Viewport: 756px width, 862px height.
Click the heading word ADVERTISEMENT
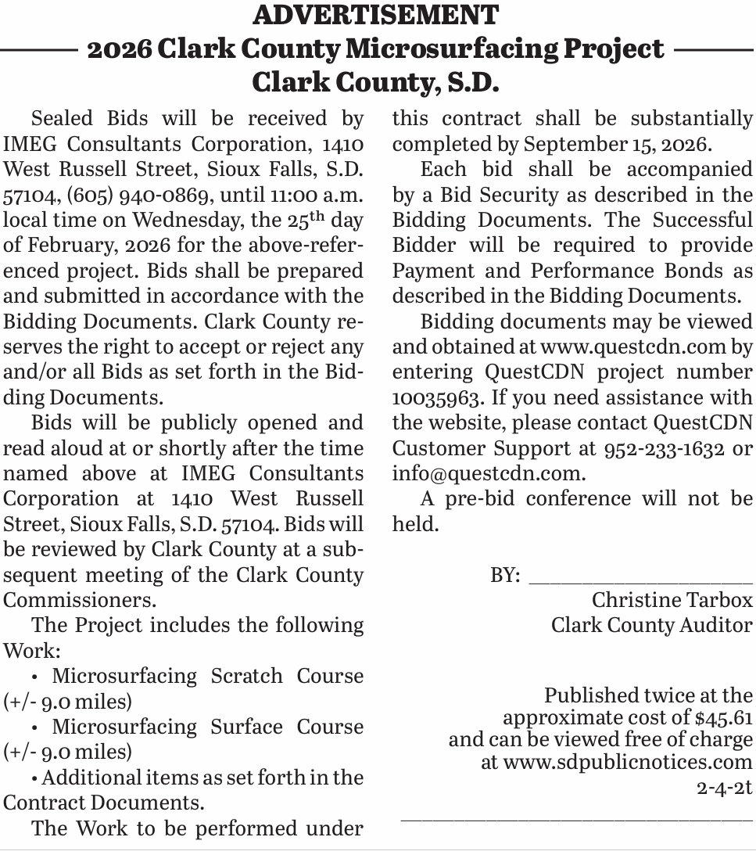[376, 15]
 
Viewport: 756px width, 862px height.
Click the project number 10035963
[436, 397]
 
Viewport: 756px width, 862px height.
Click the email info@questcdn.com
[487, 473]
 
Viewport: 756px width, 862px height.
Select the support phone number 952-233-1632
[665, 448]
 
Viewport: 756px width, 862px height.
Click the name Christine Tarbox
[672, 600]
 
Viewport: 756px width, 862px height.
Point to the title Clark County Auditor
[651, 626]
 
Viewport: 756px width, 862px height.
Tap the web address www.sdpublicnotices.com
[627, 762]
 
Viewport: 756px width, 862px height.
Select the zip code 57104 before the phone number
[27, 195]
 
